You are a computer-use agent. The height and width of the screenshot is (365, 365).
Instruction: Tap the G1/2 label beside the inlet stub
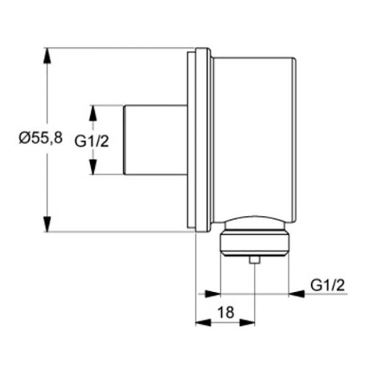point(92,142)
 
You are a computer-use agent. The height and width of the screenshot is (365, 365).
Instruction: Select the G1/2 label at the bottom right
point(328,286)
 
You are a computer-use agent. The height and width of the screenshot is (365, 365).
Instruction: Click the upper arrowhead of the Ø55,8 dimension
point(47,55)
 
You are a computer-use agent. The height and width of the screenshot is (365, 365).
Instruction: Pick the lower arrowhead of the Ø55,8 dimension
point(47,223)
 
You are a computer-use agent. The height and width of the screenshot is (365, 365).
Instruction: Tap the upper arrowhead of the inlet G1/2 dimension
point(93,113)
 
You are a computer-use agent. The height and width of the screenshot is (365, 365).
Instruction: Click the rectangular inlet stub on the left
point(154,139)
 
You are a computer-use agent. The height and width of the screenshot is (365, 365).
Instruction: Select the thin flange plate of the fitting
point(202,140)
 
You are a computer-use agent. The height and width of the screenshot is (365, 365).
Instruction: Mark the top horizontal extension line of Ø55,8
point(120,48)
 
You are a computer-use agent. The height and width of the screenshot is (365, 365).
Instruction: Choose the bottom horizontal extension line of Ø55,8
point(120,232)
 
